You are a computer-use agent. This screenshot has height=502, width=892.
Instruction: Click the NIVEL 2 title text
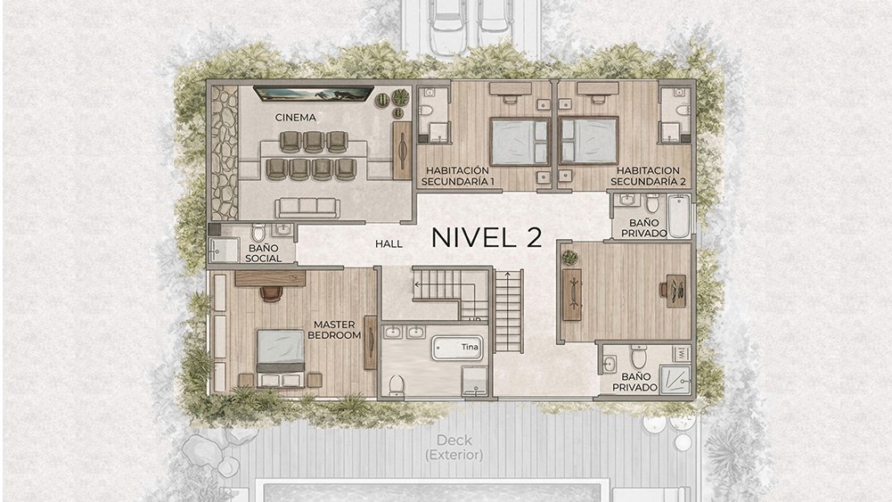click(487, 237)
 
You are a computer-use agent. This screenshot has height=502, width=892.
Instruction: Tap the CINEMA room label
click(295, 117)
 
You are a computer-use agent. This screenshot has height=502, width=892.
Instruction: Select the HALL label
click(389, 243)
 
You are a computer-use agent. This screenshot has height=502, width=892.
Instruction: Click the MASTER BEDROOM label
click(334, 330)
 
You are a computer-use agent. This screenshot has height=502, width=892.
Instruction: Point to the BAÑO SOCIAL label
click(264, 253)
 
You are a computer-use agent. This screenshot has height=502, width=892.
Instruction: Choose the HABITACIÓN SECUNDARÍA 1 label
click(457, 176)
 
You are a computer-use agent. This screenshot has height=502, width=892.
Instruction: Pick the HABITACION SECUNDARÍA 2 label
click(648, 176)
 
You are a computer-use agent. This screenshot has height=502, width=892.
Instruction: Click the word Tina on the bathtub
click(470, 347)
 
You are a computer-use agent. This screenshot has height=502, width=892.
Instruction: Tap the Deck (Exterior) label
click(454, 448)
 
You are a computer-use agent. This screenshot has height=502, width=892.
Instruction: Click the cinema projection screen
click(313, 94)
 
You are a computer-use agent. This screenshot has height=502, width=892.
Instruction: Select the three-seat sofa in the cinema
click(307, 208)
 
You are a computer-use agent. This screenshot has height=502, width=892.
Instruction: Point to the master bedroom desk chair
click(272, 292)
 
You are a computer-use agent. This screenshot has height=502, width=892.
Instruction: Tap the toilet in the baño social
click(258, 232)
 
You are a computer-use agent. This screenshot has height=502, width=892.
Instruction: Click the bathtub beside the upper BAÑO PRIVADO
click(679, 217)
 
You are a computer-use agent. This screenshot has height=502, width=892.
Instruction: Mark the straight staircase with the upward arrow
click(509, 311)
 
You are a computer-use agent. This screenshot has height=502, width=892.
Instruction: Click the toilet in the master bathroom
click(397, 384)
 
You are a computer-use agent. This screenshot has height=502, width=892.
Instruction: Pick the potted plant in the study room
click(569, 258)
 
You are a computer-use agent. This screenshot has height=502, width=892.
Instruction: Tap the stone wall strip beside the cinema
click(225, 152)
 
